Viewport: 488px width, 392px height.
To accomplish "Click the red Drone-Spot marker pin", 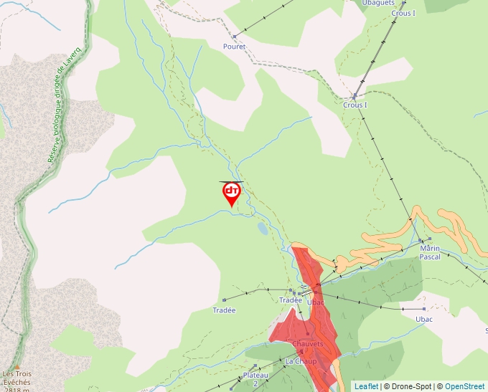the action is (x=232, y=193).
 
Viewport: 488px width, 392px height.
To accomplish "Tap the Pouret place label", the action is (x=234, y=47).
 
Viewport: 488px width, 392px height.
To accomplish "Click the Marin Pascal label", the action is (x=430, y=252).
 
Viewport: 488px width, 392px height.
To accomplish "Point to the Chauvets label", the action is (x=308, y=344).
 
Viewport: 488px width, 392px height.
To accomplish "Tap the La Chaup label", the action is (x=301, y=361).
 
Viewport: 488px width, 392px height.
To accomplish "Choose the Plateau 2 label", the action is (x=255, y=379).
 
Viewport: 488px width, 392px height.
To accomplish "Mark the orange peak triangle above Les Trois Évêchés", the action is (x=17, y=366).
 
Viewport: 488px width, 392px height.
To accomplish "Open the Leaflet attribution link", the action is (x=366, y=386).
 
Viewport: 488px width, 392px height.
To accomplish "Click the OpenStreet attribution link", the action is (x=464, y=386).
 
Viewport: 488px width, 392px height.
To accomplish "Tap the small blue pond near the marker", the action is (x=263, y=229).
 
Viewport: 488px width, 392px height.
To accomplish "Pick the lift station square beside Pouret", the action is (x=234, y=37).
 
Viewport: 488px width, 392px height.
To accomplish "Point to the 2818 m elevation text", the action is (x=15, y=389).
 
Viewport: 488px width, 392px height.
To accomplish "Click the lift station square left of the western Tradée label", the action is (x=224, y=300).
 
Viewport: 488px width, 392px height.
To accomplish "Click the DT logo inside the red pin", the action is (x=232, y=191).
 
